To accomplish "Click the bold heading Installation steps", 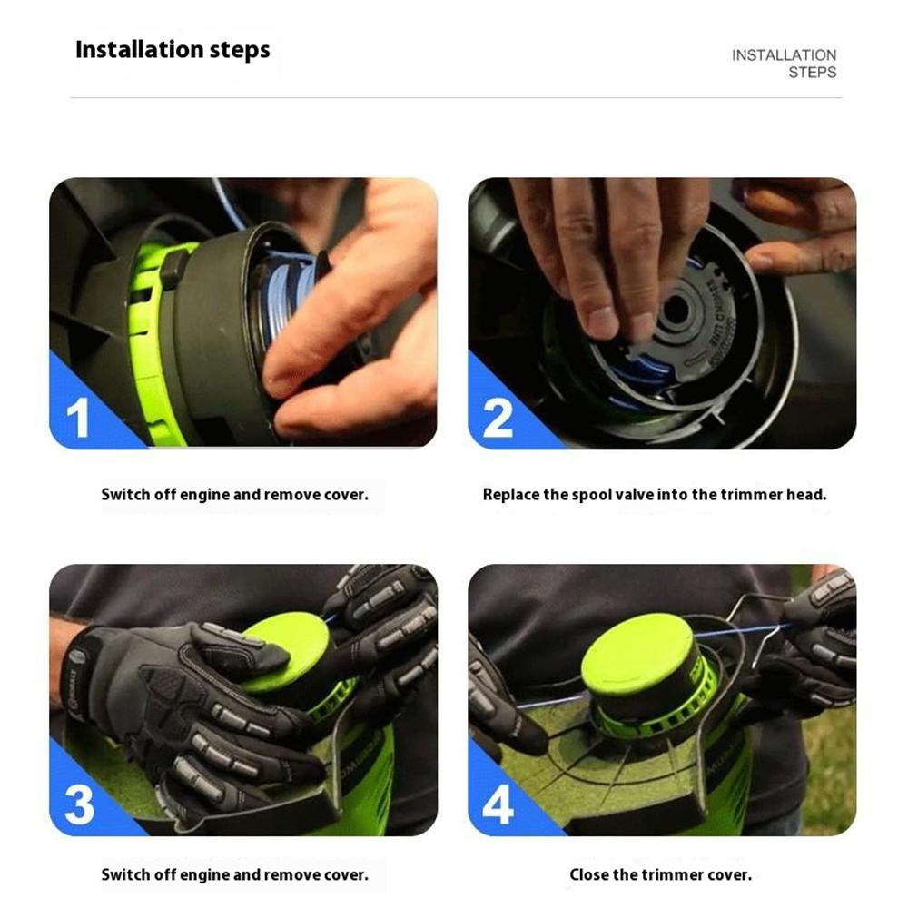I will pyautogui.click(x=173, y=49).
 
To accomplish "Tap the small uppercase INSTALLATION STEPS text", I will pyautogui.click(x=784, y=64).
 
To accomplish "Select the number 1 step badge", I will pyautogui.click(x=78, y=419).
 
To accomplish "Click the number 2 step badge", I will pyautogui.click(x=498, y=419).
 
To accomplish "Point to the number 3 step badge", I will pyautogui.click(x=78, y=805).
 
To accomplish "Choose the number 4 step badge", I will pyautogui.click(x=498, y=805).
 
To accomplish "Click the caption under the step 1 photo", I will pyautogui.click(x=234, y=495).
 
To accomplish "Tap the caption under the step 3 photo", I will pyautogui.click(x=234, y=875).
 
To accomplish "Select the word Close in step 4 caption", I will pyautogui.click(x=588, y=875).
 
